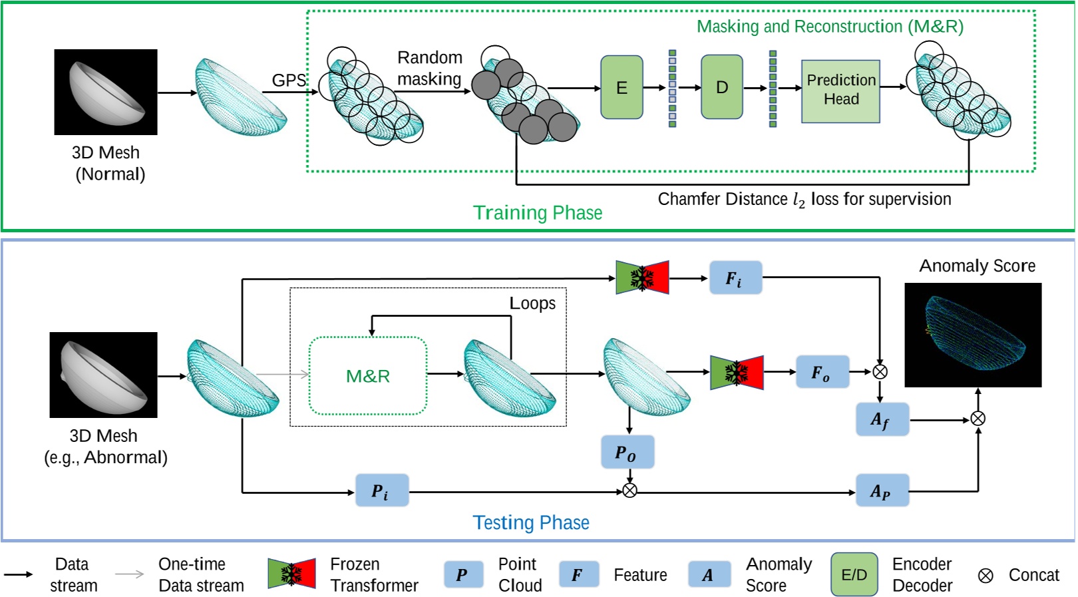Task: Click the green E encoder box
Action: [x=622, y=87]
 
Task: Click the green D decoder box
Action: [x=721, y=87]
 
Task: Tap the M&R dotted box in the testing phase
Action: [x=368, y=376]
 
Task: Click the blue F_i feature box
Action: [x=735, y=278]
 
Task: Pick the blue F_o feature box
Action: [x=822, y=372]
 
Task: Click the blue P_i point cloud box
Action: [x=381, y=491]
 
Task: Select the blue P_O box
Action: [x=627, y=453]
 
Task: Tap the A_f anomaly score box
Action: [x=881, y=419]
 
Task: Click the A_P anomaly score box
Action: [x=881, y=491]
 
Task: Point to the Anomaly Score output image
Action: [x=972, y=335]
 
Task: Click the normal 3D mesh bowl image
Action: [x=106, y=92]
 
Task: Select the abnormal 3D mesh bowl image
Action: [x=104, y=375]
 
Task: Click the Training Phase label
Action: [x=537, y=213]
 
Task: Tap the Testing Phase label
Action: [x=530, y=523]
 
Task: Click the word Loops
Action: [x=532, y=303]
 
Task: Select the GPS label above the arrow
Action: [x=289, y=81]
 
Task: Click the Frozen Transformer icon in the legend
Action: [x=291, y=574]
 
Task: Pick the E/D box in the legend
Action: [x=854, y=574]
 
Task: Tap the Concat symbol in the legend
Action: [x=986, y=576]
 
